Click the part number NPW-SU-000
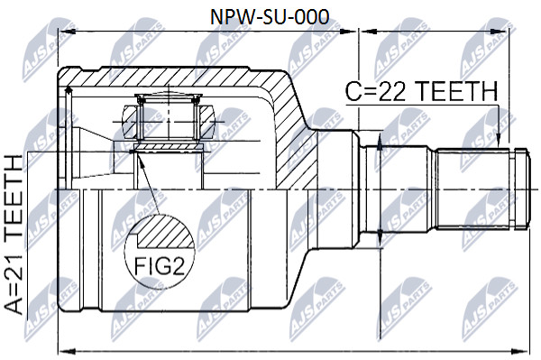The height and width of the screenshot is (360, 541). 270,17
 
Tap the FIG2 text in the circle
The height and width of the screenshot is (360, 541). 159,265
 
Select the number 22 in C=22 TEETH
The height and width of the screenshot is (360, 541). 391,91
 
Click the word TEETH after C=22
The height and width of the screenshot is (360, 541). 455,91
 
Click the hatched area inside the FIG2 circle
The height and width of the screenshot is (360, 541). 165,232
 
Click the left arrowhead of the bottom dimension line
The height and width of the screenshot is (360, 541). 68,351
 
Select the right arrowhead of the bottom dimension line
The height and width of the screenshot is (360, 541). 520,351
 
